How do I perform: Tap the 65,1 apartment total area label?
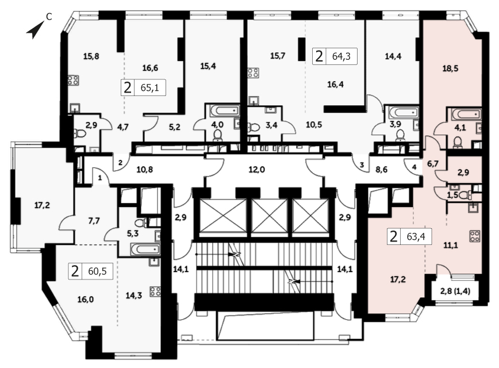149,87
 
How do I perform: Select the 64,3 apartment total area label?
341,56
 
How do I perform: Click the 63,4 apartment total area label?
416,236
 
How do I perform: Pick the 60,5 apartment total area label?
97,271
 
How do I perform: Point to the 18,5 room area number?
450,68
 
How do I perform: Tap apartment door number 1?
99,178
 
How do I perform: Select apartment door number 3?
362,165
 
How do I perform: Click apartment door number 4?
414,167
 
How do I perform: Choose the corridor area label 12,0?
256,170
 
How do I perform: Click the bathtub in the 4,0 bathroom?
225,111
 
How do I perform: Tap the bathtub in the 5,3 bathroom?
145,249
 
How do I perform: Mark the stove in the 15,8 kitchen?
73,80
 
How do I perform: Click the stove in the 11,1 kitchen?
475,236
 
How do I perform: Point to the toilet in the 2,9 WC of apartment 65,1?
80,133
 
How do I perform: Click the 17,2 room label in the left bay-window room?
42,205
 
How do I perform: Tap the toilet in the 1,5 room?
467,194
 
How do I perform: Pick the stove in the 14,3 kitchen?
155,292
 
